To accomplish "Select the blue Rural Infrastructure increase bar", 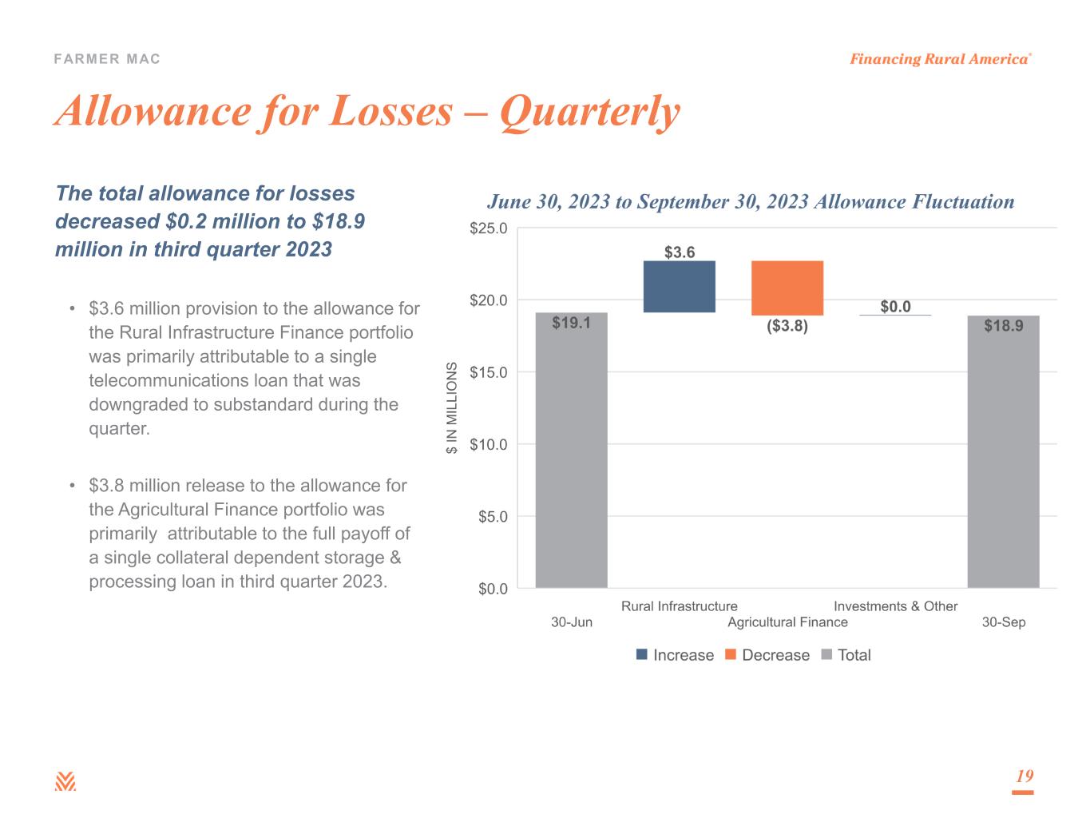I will [x=679, y=286].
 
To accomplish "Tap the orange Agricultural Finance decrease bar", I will [x=787, y=288].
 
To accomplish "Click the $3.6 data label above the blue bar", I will [x=680, y=252].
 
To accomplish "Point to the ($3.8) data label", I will [x=787, y=326].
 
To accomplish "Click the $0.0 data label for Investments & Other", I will [x=895, y=307].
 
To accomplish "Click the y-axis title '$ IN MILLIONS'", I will [x=452, y=408].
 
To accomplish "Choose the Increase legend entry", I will [x=675, y=655].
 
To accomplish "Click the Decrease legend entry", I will [x=767, y=655].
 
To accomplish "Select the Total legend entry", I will [x=846, y=655].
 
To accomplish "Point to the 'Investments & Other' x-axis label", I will [x=895, y=606].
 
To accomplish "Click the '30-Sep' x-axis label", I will [x=1003, y=622].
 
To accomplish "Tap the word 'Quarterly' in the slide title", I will [x=590, y=111].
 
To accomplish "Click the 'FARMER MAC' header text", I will [x=108, y=59].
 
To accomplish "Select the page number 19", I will [x=1024, y=776].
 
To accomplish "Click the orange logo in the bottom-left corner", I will [x=65, y=782].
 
